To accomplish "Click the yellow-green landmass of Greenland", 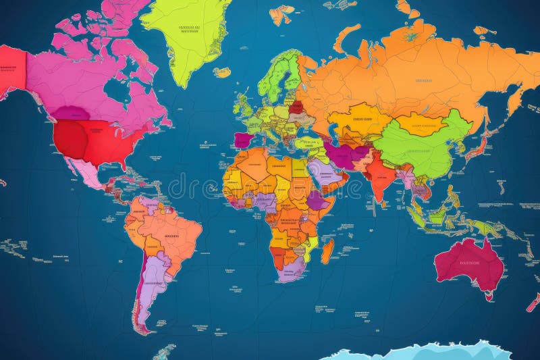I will click(186, 34).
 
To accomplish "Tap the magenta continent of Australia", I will click(470, 263).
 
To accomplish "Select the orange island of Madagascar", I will click(327, 252).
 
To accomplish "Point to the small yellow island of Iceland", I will click(222, 72).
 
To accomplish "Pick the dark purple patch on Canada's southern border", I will click(71, 113).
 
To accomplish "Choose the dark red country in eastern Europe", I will click(296, 107).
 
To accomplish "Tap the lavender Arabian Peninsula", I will click(323, 172).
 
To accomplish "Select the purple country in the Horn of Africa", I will click(317, 201).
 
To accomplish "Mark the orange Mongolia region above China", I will click(420, 124).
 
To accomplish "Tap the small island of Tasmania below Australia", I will click(487, 295).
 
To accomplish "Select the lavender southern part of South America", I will click(151, 284).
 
